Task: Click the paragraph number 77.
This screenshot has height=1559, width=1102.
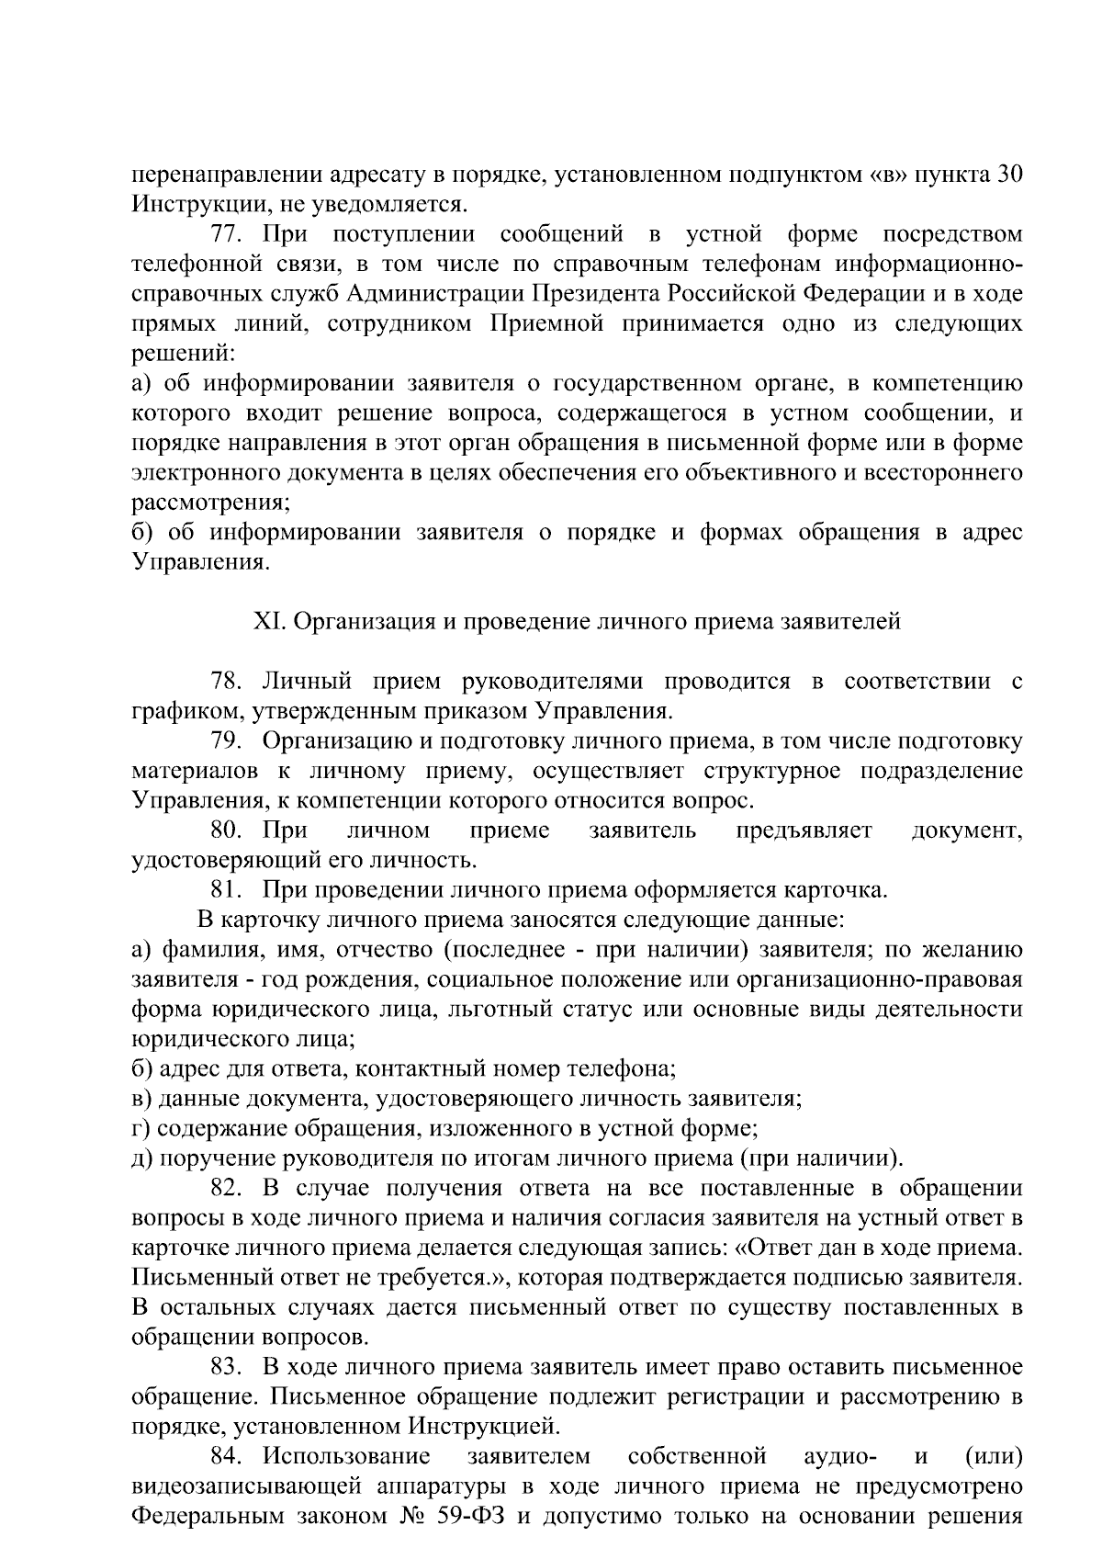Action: tap(225, 234)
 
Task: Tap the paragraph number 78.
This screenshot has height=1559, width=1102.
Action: tap(225, 682)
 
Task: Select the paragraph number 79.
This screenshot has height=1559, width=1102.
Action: tap(225, 741)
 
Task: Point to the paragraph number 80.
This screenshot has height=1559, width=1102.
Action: tap(225, 830)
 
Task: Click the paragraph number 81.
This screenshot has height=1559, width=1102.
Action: tap(225, 890)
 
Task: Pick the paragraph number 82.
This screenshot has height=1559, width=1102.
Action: tap(225, 1189)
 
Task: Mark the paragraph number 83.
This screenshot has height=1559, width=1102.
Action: tap(225, 1367)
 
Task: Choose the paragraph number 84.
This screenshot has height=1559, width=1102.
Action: tap(225, 1456)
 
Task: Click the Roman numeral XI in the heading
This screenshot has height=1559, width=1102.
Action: tap(266, 622)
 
